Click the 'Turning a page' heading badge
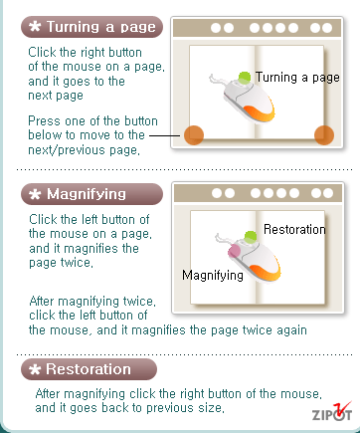[91, 27]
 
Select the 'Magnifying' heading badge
[91, 194]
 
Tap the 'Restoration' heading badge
[89, 369]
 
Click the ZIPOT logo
[331, 411]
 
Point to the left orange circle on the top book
[194, 135]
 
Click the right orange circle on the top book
[324, 135]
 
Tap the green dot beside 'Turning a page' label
[245, 78]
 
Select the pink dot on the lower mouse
[234, 251]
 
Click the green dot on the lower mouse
[251, 237]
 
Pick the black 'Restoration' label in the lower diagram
[294, 229]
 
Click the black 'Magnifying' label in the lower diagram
[213, 276]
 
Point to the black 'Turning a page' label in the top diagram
[297, 78]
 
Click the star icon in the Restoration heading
[35, 369]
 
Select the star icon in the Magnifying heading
[35, 194]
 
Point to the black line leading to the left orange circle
[165, 135]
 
